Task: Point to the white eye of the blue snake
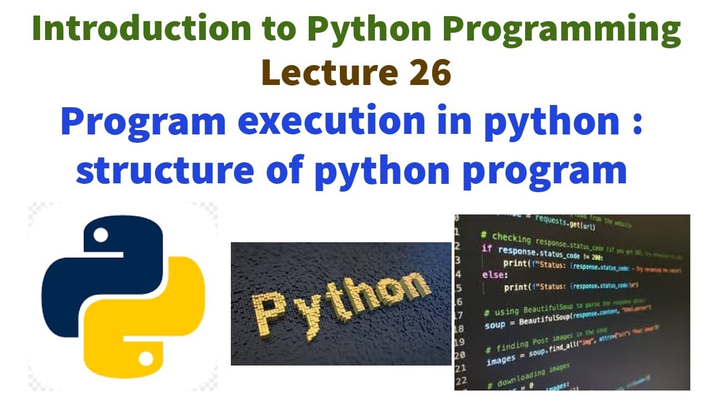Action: [x=101, y=235]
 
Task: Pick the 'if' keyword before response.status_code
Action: [x=486, y=248]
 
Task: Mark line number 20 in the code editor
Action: [x=459, y=354]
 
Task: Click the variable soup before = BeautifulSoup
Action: [x=495, y=325]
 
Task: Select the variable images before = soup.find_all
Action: [x=501, y=361]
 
